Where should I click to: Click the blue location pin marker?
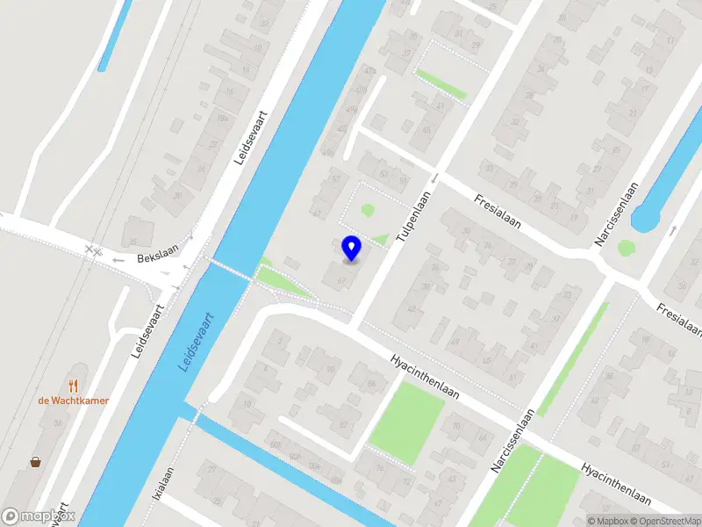point(351,248)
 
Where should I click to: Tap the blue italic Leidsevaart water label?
point(197,341)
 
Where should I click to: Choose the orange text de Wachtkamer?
point(73,401)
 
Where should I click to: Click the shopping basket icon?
point(36,462)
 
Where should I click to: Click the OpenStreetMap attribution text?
point(666,521)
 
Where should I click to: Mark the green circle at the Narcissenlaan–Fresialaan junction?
point(626,248)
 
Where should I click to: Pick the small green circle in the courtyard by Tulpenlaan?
point(368,210)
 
